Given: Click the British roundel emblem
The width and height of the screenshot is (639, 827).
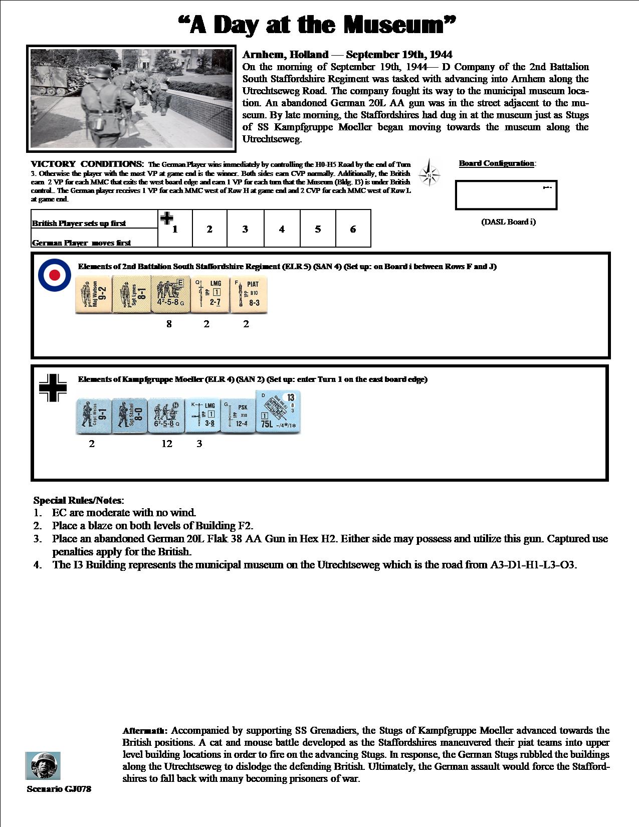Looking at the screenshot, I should pyautogui.click(x=55, y=275).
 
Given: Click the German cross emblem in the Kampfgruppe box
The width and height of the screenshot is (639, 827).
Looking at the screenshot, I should pyautogui.click(x=52, y=387).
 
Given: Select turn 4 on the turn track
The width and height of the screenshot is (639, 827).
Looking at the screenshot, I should pyautogui.click(x=282, y=229).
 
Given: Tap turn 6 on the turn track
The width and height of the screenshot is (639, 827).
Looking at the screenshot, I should pyautogui.click(x=353, y=229).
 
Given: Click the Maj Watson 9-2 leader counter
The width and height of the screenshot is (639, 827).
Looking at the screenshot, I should pyautogui.click(x=94, y=294).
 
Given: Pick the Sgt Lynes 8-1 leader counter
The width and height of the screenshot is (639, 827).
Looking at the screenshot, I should pyautogui.click(x=131, y=294).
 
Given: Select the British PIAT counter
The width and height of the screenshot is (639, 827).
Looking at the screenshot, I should pyautogui.click(x=249, y=294).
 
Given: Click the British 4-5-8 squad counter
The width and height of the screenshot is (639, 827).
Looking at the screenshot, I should pyautogui.click(x=170, y=294).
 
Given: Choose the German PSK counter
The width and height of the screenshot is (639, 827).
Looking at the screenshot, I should pyautogui.click(x=239, y=416).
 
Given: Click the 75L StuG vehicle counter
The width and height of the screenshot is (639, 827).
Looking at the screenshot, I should pyautogui.click(x=278, y=416).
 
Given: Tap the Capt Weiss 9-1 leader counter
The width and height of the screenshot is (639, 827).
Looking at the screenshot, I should pyautogui.click(x=93, y=416).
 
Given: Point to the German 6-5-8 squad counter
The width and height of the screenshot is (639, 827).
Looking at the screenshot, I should pyautogui.click(x=167, y=416).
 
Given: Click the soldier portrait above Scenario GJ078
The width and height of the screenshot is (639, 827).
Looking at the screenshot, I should pyautogui.click(x=43, y=765).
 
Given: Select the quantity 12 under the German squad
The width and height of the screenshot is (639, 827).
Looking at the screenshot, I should pyautogui.click(x=167, y=444).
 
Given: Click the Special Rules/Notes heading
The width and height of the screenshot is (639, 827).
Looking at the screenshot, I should pyautogui.click(x=78, y=500).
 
